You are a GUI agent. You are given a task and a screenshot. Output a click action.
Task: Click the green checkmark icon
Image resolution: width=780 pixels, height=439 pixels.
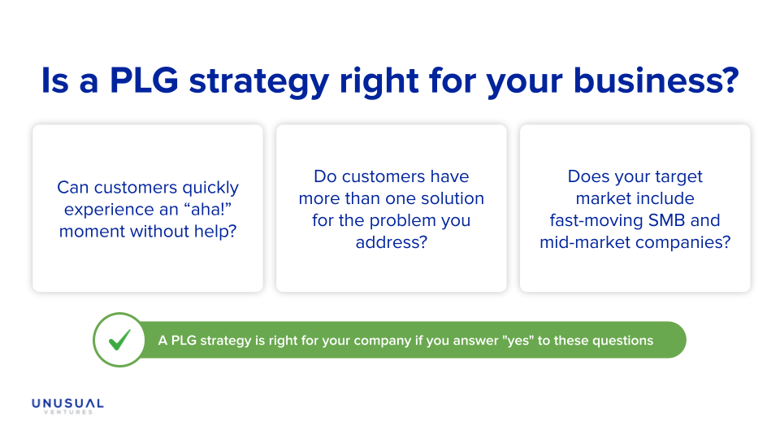(x=119, y=340)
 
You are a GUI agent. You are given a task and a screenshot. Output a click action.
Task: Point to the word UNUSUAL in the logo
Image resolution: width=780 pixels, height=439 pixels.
(x=67, y=403)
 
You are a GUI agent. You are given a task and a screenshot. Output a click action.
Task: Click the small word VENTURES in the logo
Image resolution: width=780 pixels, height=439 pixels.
(x=67, y=412)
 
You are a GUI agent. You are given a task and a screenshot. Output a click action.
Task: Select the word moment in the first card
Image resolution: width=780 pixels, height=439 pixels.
(x=91, y=231)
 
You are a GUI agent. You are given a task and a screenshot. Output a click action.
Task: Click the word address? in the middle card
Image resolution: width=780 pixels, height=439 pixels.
(x=391, y=242)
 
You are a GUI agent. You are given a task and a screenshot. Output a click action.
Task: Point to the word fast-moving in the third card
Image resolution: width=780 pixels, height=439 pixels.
(x=595, y=220)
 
